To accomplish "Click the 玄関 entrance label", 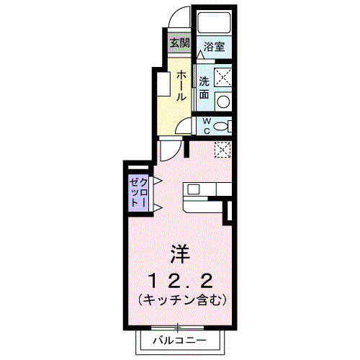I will point(179,42).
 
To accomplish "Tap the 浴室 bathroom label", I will point(214,48).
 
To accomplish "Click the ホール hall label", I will point(181,86).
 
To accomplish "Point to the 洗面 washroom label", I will point(204,86).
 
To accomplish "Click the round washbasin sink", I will point(223,100).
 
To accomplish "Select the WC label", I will point(206,125).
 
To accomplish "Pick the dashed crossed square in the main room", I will point(222,150).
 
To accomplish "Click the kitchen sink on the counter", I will point(194,191).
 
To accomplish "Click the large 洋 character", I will point(179,254).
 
